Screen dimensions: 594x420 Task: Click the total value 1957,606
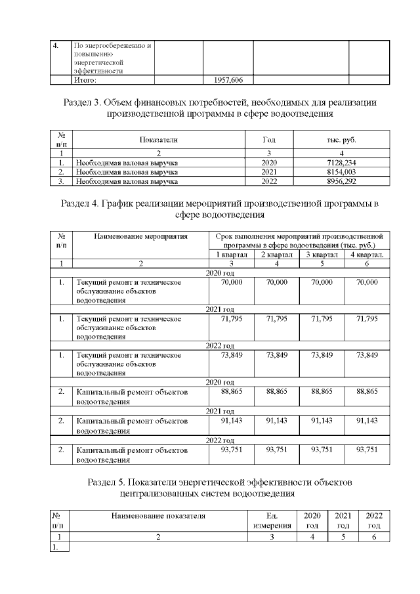(x=228, y=80)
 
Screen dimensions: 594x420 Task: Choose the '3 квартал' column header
(x=321, y=255)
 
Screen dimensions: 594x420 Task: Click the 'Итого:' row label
(x=85, y=80)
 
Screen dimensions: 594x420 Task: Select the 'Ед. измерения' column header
(x=271, y=520)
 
